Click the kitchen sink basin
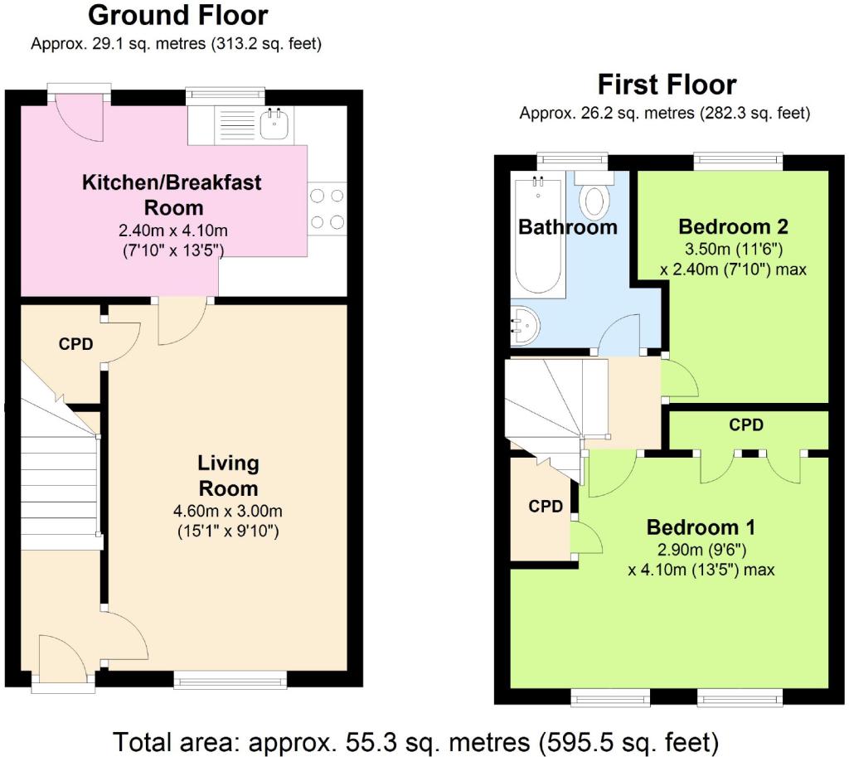[274, 124]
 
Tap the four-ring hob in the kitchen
[327, 208]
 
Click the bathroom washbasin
[524, 326]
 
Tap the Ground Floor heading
[177, 15]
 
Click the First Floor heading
[667, 85]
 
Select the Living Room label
[228, 475]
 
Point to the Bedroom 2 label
[733, 226]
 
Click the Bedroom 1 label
[701, 527]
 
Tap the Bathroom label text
[568, 227]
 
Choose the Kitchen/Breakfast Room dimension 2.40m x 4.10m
[173, 230]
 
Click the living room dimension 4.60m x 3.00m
[228, 511]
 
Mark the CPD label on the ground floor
[75, 344]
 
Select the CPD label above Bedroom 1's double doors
[746, 425]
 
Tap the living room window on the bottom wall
[230, 680]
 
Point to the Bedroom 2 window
[739, 162]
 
